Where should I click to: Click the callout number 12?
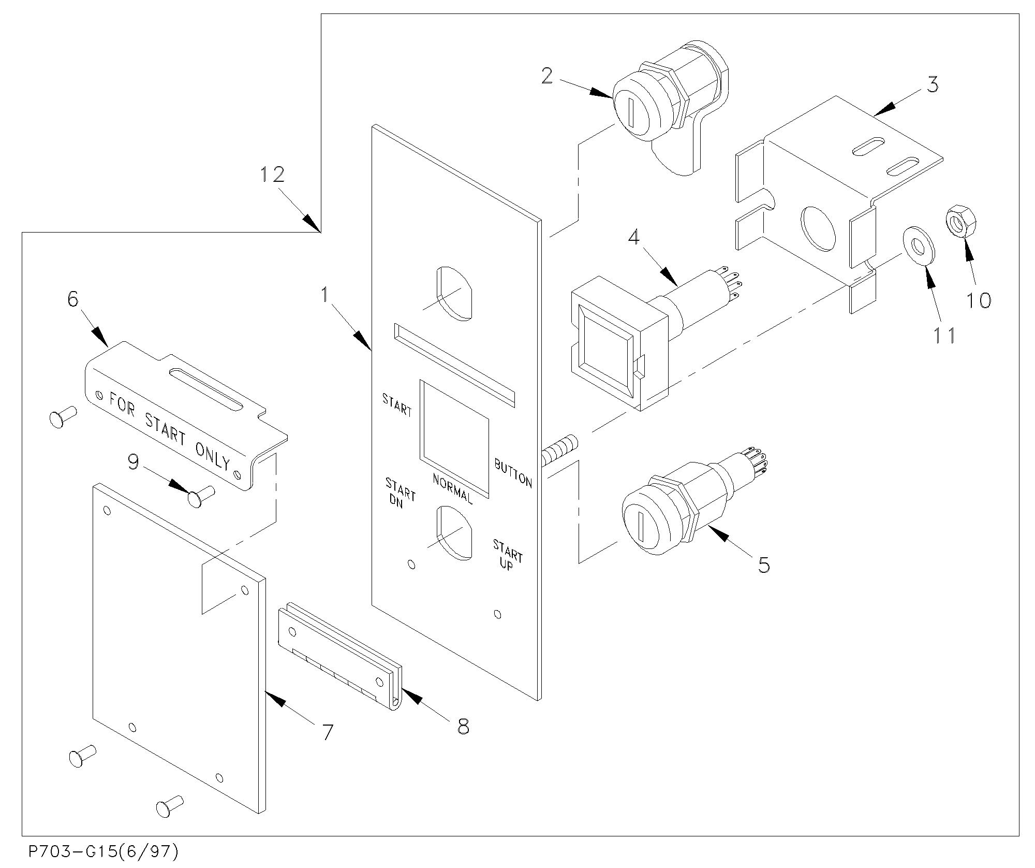coord(272,174)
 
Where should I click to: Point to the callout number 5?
coord(763,565)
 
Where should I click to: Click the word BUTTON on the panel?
coord(513,472)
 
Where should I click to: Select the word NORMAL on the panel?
coord(452,489)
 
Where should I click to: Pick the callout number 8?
coord(463,726)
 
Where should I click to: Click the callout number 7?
coord(327,732)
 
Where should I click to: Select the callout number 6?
coord(72,299)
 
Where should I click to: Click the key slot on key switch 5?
coord(641,528)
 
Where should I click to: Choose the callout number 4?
coord(634,237)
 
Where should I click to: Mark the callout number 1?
coord(325,295)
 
